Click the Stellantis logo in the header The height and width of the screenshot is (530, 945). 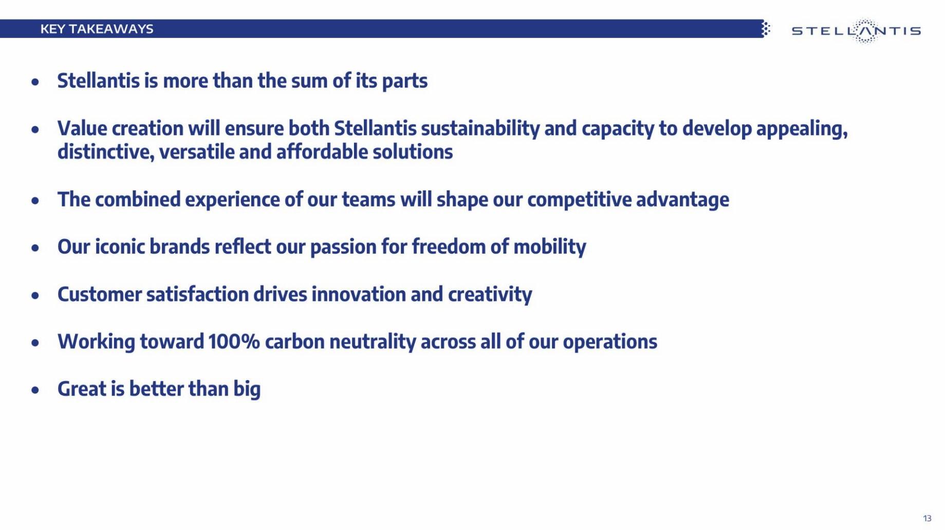(x=856, y=31)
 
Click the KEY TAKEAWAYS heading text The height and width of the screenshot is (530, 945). (x=97, y=29)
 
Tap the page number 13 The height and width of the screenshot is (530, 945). (x=927, y=518)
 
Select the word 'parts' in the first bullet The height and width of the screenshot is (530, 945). (x=404, y=81)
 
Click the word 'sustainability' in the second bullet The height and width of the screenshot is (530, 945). (x=480, y=128)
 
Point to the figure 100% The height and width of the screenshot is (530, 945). (x=234, y=342)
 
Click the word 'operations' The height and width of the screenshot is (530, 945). (x=609, y=343)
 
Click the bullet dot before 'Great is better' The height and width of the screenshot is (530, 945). (x=35, y=390)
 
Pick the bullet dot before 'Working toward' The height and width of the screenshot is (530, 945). (x=35, y=343)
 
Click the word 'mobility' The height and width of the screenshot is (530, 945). (x=549, y=247)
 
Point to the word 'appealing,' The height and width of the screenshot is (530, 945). (x=802, y=129)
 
